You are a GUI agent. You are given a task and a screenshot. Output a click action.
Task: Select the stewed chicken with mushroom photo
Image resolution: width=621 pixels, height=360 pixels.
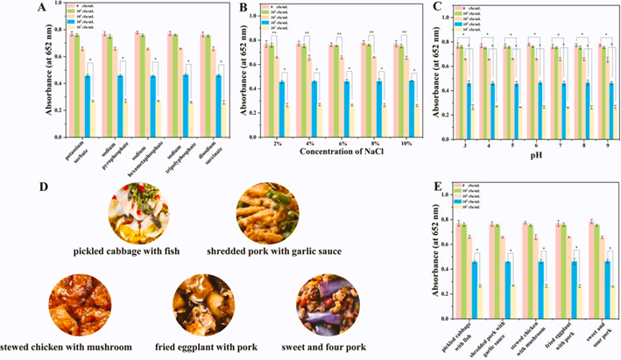point(79,302)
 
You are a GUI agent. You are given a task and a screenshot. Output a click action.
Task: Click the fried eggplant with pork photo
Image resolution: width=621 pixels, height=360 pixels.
point(203,302)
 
